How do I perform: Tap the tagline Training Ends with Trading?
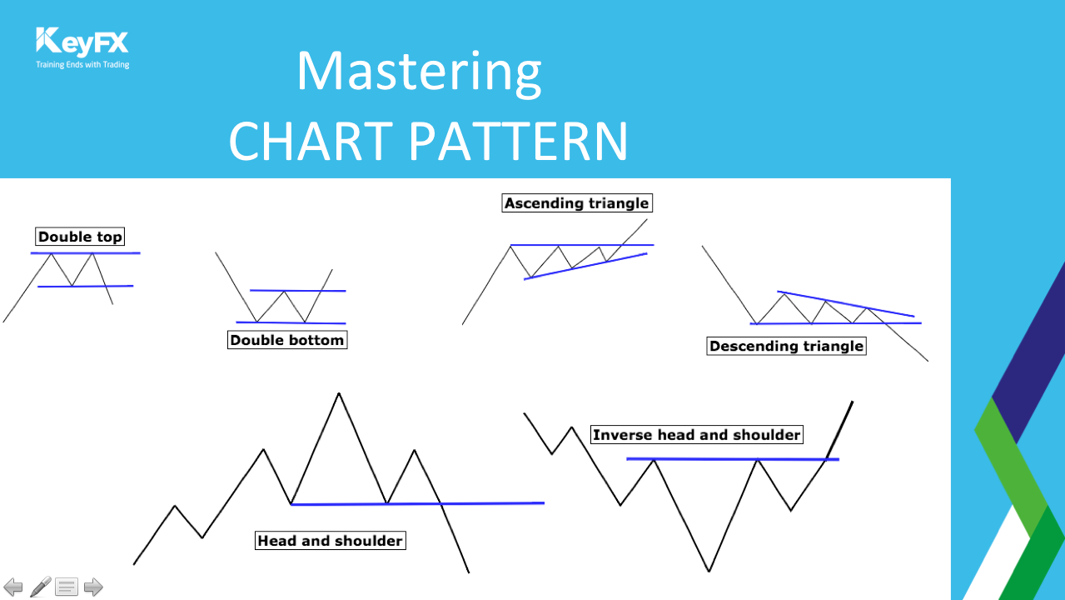click(82, 65)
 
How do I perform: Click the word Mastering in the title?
click(419, 72)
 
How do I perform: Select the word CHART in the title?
click(311, 142)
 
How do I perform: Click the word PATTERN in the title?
click(519, 142)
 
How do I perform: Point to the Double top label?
click(80, 237)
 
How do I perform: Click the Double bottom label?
click(287, 340)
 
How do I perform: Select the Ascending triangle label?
click(577, 203)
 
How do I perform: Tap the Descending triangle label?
click(786, 346)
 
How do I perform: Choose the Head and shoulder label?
click(331, 541)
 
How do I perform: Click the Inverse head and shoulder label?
click(696, 435)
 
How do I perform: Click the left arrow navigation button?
click(13, 587)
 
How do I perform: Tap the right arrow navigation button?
click(93, 587)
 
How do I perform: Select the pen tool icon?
click(41, 586)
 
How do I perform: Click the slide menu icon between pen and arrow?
click(67, 587)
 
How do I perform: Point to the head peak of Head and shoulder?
click(339, 393)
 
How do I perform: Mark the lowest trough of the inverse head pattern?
click(709, 571)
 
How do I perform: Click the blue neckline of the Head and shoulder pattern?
click(417, 503)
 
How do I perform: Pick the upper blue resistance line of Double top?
click(86, 253)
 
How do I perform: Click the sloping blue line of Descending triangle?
click(846, 303)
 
